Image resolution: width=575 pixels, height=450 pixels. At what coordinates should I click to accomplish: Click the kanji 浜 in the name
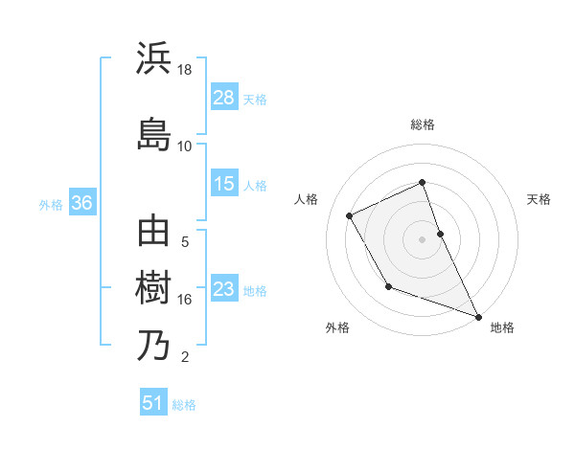[153, 59]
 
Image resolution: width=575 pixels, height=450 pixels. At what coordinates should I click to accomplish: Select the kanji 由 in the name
[153, 233]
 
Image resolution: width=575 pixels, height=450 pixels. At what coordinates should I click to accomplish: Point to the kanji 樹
[153, 287]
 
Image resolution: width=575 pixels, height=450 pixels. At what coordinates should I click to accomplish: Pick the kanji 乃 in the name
[153, 345]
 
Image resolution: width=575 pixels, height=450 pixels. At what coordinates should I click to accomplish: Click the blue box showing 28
[224, 98]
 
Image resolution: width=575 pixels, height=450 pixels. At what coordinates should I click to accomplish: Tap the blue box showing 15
[224, 184]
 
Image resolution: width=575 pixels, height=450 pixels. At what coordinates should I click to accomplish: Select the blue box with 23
[224, 289]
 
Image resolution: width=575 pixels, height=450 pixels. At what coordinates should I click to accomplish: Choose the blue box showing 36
[81, 203]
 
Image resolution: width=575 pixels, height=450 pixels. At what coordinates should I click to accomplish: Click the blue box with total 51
[153, 403]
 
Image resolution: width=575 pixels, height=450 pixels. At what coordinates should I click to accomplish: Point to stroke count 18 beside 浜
[185, 70]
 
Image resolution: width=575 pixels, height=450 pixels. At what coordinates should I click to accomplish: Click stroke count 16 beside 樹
[185, 300]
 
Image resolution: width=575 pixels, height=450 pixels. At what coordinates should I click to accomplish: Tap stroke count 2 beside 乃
[185, 357]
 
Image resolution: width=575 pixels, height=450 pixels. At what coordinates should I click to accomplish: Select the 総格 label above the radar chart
[423, 124]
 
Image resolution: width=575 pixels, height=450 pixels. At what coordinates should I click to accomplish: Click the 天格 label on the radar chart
[540, 199]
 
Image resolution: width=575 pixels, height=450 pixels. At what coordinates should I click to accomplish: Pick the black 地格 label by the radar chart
[502, 327]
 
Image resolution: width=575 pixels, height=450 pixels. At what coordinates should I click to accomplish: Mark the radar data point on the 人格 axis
[350, 215]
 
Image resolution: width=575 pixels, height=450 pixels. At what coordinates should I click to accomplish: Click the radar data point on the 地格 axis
[478, 317]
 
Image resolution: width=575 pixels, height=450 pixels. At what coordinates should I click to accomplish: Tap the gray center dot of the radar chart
[423, 239]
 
